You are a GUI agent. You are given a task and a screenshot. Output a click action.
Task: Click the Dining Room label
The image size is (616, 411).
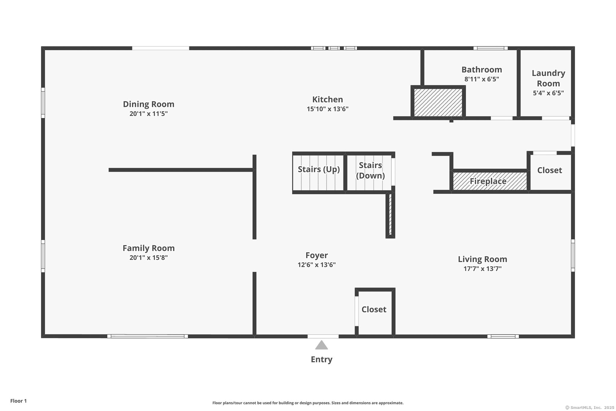coord(149,104)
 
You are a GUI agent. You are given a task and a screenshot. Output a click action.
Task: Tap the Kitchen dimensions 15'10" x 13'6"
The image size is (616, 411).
coord(328,109)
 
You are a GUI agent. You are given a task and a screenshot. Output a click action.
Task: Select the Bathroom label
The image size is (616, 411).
coord(482,70)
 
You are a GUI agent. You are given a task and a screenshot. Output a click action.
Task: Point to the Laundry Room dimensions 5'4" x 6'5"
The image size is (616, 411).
coord(548,93)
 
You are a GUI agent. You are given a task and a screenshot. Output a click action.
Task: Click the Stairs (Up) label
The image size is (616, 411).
coord(319,169)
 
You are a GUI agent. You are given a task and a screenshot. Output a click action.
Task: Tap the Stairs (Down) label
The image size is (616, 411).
coord(371,170)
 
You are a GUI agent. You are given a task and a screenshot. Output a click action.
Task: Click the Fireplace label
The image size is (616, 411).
coord(488,181)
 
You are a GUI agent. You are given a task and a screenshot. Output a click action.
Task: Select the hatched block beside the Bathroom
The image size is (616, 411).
coord(438,102)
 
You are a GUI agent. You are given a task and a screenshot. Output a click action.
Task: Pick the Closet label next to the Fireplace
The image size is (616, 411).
coord(550,170)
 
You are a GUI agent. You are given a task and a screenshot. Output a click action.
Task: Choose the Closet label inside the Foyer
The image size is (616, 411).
coord(374,310)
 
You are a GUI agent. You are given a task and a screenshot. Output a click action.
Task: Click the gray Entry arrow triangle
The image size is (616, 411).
coord(322,345)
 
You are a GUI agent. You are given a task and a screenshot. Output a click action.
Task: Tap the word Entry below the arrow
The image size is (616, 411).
coord(322,360)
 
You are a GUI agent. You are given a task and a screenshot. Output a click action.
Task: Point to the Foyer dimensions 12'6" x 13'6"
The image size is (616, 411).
coord(317,265)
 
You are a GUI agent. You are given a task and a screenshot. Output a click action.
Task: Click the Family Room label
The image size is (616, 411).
coord(149,248)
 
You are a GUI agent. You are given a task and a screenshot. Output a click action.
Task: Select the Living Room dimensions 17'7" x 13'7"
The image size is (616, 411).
coord(483,269)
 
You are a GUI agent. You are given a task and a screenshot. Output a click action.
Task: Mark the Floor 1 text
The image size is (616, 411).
coord(19,401)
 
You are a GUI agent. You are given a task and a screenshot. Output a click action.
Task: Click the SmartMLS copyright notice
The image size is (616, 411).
coord(590,407)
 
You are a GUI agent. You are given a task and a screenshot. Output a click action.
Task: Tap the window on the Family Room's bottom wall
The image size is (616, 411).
coord(148,336)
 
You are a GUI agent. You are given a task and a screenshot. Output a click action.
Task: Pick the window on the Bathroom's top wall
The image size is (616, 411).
coord(491,48)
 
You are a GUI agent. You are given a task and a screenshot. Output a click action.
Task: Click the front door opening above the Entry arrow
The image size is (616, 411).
coord(323,336)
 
